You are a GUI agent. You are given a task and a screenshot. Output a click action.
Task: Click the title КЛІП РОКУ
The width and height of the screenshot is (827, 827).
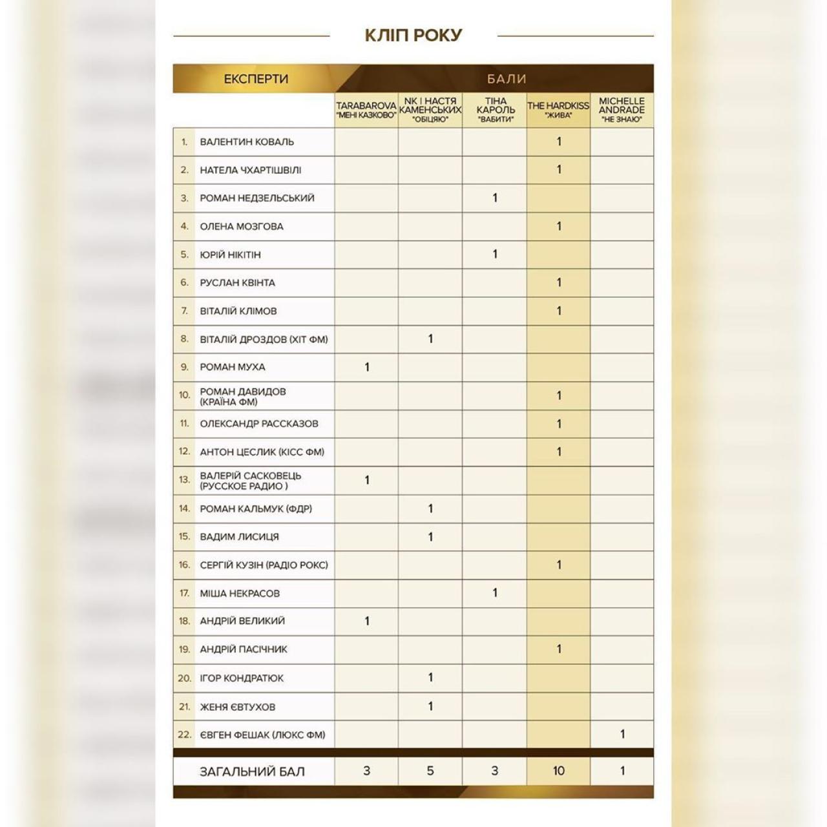pyautogui.click(x=413, y=35)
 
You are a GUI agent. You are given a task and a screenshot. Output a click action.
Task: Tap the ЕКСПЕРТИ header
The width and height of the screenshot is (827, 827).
pyautogui.click(x=256, y=79)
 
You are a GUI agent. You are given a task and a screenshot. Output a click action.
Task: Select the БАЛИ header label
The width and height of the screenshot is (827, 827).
pyautogui.click(x=507, y=79)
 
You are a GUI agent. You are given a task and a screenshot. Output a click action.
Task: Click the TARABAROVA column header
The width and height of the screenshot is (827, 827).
pyautogui.click(x=366, y=110)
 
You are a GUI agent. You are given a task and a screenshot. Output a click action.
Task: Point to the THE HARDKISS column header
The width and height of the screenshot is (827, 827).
pyautogui.click(x=558, y=110)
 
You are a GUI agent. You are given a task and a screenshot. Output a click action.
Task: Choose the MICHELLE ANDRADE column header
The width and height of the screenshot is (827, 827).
pyautogui.click(x=622, y=110)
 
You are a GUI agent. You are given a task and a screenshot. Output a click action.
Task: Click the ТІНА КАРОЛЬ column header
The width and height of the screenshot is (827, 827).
pyautogui.click(x=496, y=110)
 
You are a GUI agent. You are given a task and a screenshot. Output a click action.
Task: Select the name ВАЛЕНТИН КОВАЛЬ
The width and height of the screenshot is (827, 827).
pyautogui.click(x=247, y=141)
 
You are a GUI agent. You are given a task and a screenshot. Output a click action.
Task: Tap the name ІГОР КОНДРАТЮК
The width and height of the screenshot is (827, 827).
pyautogui.click(x=242, y=678)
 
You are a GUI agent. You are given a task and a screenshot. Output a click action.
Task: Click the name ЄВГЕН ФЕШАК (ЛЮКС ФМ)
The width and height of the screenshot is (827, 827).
pyautogui.click(x=262, y=735)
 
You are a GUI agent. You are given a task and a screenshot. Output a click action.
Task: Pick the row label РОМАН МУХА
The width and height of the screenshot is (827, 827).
pyautogui.click(x=233, y=367)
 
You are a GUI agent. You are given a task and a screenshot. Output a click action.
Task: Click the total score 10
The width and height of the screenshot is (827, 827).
pyautogui.click(x=558, y=771)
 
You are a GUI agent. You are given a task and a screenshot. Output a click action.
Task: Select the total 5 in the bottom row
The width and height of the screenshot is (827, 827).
pyautogui.click(x=430, y=771)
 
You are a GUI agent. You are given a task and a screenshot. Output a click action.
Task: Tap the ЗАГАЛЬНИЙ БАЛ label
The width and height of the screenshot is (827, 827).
pyautogui.click(x=252, y=771)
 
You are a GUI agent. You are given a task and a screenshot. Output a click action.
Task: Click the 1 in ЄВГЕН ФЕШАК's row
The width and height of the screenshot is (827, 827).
pyautogui.click(x=622, y=734)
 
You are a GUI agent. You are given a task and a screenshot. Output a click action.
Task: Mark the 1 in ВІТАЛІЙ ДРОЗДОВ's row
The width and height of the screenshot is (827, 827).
pyautogui.click(x=430, y=339)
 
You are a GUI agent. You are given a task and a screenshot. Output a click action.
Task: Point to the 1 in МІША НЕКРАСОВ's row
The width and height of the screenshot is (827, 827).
pyautogui.click(x=495, y=592)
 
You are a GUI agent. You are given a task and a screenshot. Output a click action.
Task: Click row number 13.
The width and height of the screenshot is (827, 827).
pyautogui.click(x=184, y=480)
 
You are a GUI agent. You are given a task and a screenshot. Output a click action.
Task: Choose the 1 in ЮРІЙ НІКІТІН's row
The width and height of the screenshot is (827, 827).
pyautogui.click(x=495, y=254)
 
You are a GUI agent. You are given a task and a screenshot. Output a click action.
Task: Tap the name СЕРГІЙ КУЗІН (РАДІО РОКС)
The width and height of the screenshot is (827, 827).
pyautogui.click(x=264, y=565)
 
